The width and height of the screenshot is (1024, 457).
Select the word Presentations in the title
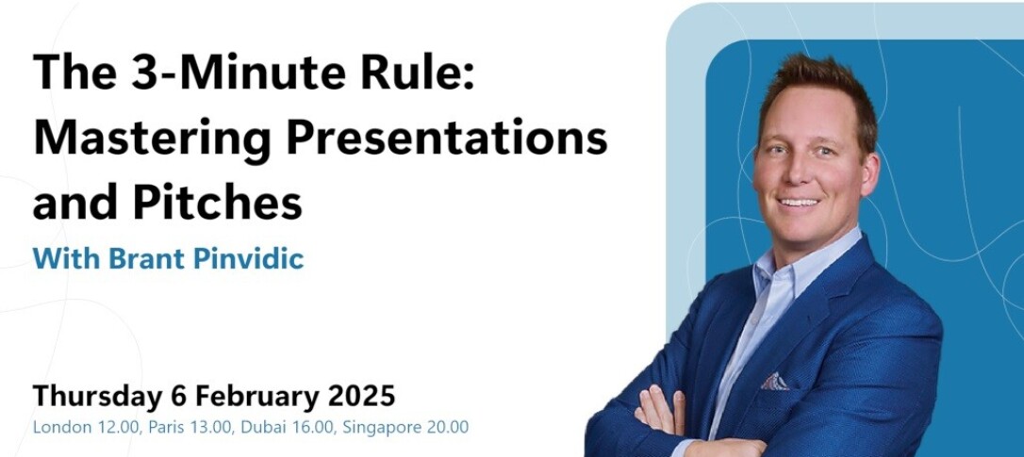[447, 139]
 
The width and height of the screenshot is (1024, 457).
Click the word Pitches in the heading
[218, 203]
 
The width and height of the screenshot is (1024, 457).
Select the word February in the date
[257, 397]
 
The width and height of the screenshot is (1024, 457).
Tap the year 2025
[361, 396]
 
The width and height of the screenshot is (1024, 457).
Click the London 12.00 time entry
[87, 428]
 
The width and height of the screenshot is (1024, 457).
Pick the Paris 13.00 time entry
[190, 428]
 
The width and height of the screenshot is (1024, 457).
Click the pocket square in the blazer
[774, 382]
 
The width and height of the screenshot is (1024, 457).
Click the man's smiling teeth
[798, 203]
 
